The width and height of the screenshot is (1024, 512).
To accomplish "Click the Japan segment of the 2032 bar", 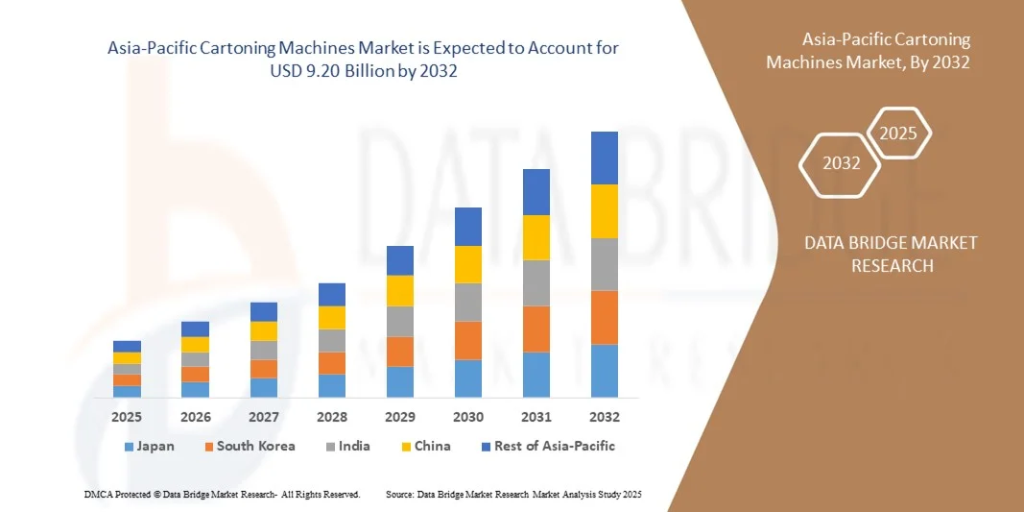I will (605, 371).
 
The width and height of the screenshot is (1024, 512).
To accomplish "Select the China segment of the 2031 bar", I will (536, 237).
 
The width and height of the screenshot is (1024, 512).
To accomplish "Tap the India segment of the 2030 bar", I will (467, 302).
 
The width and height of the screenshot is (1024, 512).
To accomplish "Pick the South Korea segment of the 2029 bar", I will (399, 351).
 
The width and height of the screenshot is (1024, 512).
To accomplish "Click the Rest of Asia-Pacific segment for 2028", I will (331, 294).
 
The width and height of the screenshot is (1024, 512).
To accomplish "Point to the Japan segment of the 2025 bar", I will (127, 391).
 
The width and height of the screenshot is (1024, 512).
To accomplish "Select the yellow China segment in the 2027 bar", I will (263, 330).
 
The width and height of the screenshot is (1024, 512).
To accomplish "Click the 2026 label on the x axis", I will (195, 417).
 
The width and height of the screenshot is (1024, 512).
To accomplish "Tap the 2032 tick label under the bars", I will (605, 417).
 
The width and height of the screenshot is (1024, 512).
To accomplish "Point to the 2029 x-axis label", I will (399, 417).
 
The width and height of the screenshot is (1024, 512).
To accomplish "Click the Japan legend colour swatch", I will (130, 447).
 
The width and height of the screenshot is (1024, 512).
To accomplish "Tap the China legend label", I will (432, 446).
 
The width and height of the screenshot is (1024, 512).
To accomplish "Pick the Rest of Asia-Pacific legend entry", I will (555, 446).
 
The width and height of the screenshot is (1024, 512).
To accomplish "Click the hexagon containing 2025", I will (898, 134).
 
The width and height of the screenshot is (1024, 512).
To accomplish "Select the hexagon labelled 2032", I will (841, 163).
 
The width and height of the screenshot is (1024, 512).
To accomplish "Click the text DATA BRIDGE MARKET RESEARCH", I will (891, 254).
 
